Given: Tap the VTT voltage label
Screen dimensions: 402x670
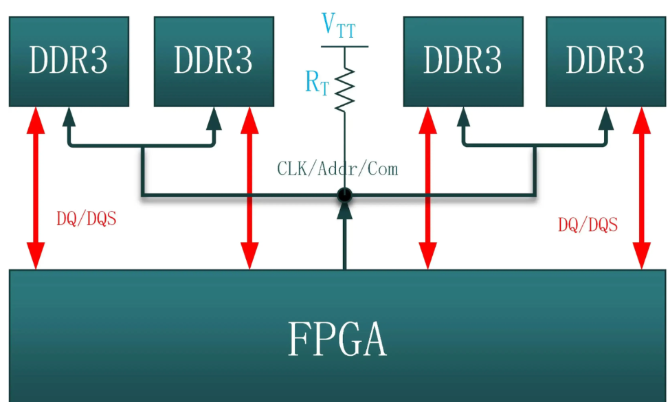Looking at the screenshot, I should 338,26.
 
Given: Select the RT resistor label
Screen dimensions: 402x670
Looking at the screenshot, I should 317,83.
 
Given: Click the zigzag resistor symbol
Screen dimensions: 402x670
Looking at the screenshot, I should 344,89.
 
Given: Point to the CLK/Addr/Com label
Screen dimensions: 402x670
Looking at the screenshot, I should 337,168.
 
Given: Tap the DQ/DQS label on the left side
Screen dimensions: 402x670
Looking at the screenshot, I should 86,219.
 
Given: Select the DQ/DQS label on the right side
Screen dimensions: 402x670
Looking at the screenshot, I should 588,224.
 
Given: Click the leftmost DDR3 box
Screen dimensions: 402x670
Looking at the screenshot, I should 69,61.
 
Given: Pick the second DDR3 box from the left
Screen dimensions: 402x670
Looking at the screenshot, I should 213,61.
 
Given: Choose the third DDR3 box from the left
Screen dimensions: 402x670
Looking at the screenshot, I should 462,61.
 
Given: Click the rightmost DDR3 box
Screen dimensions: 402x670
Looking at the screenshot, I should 605,61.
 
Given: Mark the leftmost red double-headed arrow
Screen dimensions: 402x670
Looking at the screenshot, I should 35,188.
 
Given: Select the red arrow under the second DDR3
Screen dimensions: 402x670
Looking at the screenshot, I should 249,188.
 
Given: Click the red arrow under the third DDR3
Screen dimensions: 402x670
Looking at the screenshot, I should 428,188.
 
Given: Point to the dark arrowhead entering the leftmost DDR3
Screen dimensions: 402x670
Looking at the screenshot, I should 68,118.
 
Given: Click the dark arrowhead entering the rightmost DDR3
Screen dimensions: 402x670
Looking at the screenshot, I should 606,118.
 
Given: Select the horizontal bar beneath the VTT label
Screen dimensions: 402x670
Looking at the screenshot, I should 344,46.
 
